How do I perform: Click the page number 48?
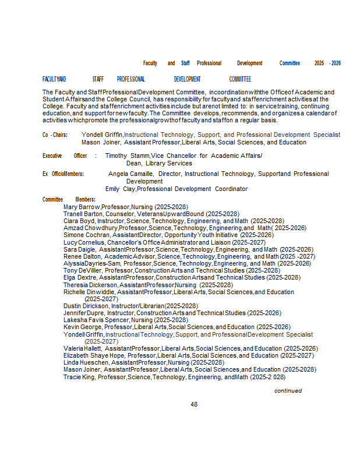(x=194, y=404)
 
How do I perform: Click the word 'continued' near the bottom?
(x=288, y=390)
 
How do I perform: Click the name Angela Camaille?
(x=131, y=174)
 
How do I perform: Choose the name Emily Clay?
(x=119, y=189)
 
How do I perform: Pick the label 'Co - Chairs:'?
(x=55, y=135)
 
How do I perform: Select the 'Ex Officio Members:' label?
(x=63, y=174)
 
